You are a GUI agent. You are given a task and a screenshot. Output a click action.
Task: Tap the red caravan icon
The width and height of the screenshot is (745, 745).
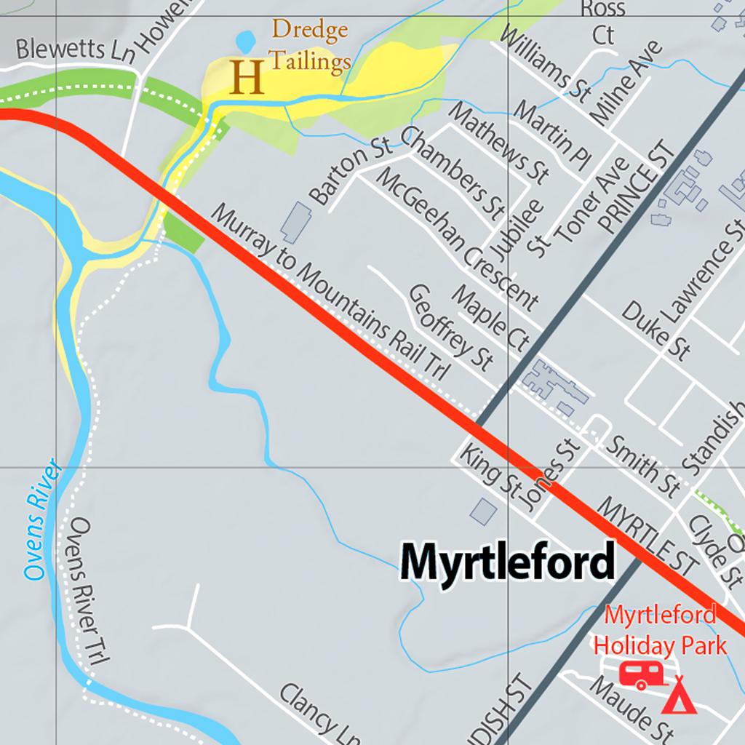click(640, 674)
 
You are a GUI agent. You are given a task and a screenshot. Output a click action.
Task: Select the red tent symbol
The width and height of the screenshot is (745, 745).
click(680, 696)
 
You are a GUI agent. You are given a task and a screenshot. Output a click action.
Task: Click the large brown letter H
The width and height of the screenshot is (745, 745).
click(247, 77)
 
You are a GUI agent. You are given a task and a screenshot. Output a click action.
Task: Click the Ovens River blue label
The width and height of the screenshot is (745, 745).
click(41, 519)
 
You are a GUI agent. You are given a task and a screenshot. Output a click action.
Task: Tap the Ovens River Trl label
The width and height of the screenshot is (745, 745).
click(88, 590)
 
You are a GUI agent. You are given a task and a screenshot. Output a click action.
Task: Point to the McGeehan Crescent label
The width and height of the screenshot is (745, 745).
click(457, 238)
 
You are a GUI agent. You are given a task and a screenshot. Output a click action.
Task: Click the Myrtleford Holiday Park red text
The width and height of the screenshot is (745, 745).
click(660, 630)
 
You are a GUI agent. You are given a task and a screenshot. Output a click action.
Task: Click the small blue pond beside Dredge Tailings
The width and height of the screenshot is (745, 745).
click(245, 41)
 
